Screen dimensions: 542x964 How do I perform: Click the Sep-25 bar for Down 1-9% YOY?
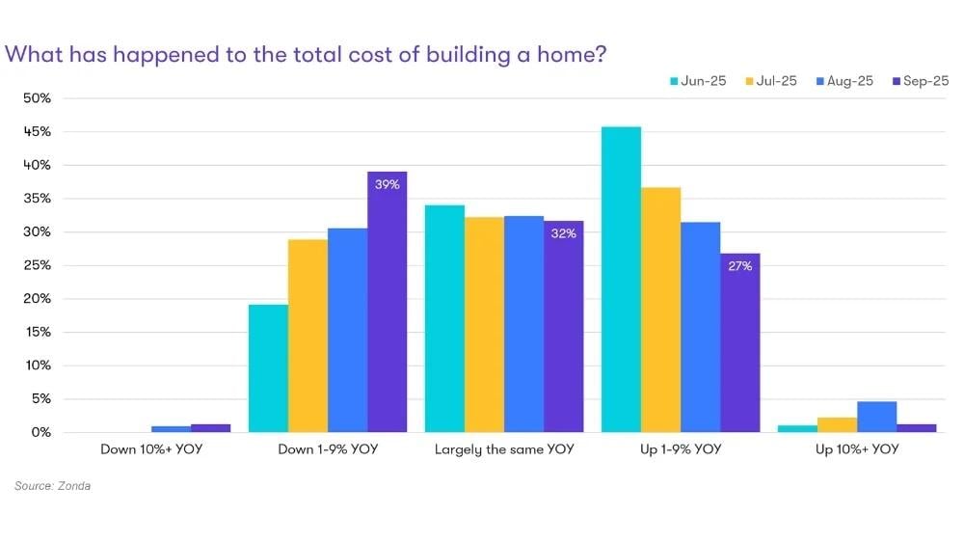tap(387, 309)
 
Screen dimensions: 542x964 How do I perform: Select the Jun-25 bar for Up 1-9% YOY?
tap(621, 280)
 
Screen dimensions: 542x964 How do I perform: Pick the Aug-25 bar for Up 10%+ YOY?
tap(876, 417)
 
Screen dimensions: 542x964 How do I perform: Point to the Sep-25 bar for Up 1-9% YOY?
tap(739, 347)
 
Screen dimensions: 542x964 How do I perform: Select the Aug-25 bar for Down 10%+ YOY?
tap(171, 429)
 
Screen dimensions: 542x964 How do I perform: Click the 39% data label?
tap(387, 185)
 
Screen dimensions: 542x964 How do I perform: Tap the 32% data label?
tap(563, 233)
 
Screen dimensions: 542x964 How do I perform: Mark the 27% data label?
tap(739, 266)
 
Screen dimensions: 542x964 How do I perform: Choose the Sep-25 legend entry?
tap(921, 81)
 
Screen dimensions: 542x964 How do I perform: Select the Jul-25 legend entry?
tap(771, 81)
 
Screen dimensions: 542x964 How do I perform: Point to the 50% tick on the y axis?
tap(38, 98)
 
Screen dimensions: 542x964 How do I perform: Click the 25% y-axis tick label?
tap(38, 265)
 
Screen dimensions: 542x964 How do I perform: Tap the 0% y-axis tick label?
tap(40, 432)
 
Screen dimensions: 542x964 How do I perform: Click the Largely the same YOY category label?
tap(504, 449)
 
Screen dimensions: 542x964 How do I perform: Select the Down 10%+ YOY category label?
tap(151, 449)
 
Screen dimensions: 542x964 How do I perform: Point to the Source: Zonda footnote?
tap(52, 486)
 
